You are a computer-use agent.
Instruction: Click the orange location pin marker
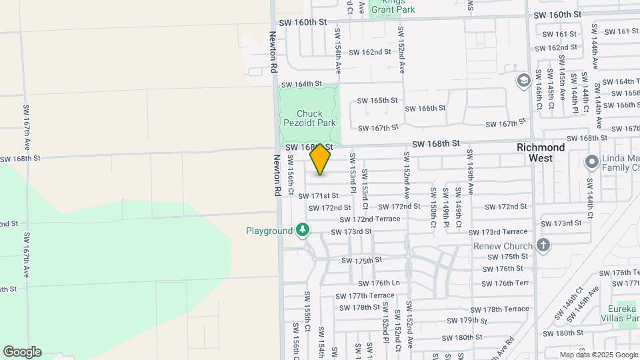(320, 159)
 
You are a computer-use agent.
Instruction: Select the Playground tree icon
(303, 230)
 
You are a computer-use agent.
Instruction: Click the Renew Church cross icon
(543, 245)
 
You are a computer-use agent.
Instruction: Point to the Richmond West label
(541, 153)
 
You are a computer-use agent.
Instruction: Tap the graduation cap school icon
(524, 81)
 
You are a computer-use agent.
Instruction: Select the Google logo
(22, 351)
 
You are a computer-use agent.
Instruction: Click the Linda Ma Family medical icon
(591, 161)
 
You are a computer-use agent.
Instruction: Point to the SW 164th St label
(301, 85)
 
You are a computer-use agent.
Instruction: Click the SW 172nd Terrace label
(369, 219)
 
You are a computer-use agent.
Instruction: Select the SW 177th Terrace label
(365, 296)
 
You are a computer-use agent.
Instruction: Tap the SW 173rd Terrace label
(498, 232)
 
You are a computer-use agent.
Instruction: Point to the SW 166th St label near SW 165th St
(425, 108)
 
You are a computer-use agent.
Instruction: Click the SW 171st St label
(319, 196)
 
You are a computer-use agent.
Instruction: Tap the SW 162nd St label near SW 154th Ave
(369, 51)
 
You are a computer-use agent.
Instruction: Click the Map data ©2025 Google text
(598, 355)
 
